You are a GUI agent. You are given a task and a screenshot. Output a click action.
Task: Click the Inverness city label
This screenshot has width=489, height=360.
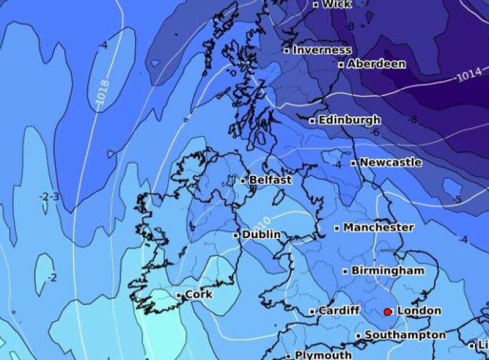pos(322,50)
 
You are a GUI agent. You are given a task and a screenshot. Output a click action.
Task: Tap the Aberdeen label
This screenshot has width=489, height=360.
pos(376,64)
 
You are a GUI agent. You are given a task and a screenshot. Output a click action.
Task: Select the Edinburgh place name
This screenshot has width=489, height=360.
pos(349,120)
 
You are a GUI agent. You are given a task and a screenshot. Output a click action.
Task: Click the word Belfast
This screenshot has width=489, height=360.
pos(270,180)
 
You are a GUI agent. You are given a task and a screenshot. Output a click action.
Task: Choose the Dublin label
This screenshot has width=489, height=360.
pos(261,235)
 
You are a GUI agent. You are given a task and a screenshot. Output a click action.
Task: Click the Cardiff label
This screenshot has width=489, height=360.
pos(339,310)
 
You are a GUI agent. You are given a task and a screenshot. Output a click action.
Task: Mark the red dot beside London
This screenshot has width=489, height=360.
pos(388,312)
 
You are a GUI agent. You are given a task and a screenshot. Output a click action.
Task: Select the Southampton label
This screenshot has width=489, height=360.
pos(405,335)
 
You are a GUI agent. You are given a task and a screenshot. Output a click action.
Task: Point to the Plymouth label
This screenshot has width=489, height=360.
pos(323,355)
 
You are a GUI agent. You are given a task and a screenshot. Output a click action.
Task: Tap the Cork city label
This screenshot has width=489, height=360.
pos(199,295)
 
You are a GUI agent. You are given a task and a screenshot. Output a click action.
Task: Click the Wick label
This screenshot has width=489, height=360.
pos(337,4)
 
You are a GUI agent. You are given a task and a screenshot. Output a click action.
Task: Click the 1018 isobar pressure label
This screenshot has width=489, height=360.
pos(103,92)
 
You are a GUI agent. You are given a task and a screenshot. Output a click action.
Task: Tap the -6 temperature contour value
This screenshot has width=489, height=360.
pos(375,133)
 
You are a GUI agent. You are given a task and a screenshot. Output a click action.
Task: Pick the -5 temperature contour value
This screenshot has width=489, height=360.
pos(457,200)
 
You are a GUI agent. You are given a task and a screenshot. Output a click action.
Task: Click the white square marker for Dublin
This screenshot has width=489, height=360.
pos(236,235)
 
